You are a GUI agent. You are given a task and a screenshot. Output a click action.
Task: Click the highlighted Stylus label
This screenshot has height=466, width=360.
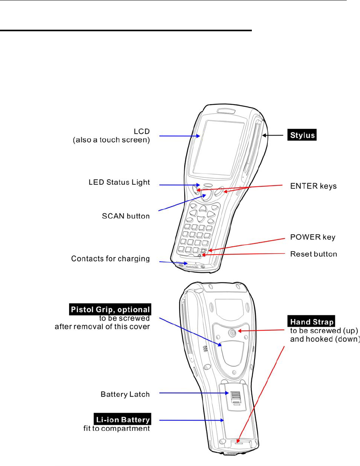click(302, 136)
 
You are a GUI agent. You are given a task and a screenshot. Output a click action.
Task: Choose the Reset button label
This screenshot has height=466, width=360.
click(314, 254)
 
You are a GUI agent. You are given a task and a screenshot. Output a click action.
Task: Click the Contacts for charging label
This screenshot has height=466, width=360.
click(110, 259)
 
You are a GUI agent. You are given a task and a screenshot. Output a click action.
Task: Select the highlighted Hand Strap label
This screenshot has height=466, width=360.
click(312, 322)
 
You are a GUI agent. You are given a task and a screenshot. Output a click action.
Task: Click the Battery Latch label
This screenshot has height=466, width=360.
click(125, 394)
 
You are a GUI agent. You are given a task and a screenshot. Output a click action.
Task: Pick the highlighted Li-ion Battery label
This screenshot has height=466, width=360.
click(123, 420)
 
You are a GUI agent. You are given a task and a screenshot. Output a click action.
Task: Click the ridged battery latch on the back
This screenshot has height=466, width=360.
click(235, 398)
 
